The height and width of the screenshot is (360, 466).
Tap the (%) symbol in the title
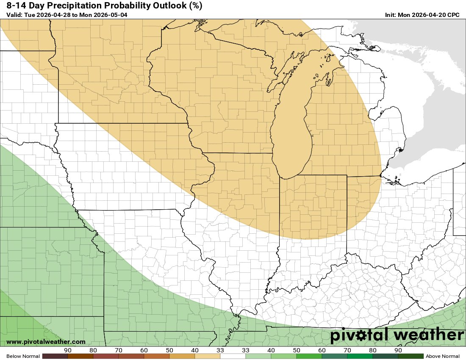pyautogui.click(x=194, y=6)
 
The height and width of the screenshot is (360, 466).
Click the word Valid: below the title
pyautogui.click(x=14, y=15)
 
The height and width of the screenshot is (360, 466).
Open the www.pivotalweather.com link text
pyautogui.click(x=46, y=342)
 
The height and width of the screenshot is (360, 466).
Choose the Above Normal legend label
pyautogui.click(x=443, y=356)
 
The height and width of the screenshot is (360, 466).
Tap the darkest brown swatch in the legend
pyautogui.click(x=55, y=356)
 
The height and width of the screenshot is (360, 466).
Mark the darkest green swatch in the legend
pyautogui.click(x=411, y=356)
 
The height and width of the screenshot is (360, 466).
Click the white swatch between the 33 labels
pyautogui.click(x=233, y=356)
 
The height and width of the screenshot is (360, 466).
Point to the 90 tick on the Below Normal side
pyautogui.click(x=67, y=350)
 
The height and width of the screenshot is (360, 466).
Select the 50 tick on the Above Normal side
pyautogui.click(x=297, y=350)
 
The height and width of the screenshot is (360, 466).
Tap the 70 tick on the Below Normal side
pyautogui.click(x=119, y=350)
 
